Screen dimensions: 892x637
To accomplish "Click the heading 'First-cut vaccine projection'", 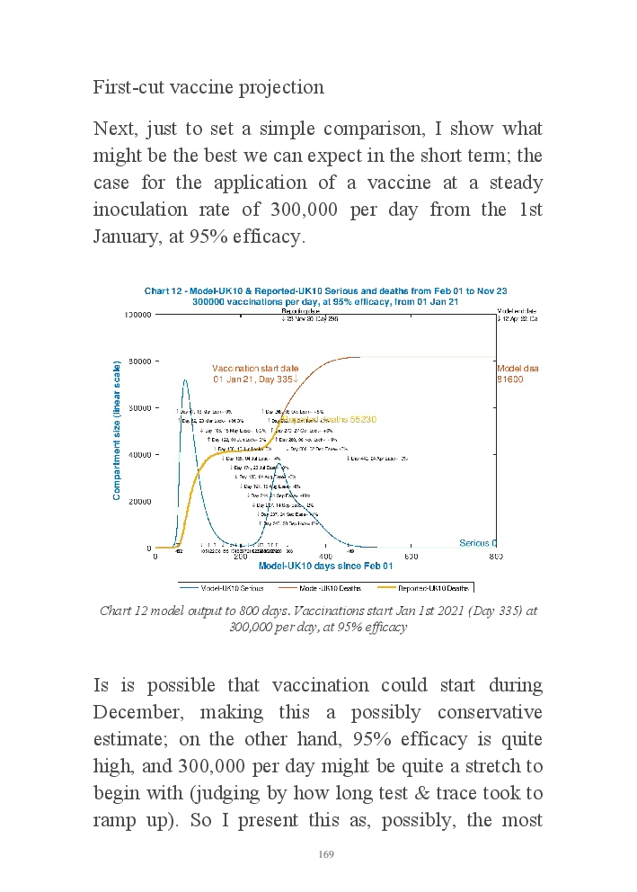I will (208, 87).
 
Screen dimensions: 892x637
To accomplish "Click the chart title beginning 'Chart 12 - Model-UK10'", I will (325, 291).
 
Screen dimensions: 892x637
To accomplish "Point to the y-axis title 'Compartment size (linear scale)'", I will (117, 430).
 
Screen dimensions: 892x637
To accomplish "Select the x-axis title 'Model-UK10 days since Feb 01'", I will (325, 566).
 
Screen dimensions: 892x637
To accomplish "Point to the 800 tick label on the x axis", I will (496, 556).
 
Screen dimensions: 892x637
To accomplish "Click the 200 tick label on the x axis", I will (240, 556).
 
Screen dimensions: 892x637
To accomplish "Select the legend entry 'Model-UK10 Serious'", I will (231, 587).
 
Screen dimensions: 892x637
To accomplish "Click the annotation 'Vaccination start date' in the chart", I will (255, 369).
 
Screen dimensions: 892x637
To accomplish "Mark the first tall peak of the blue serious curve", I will (184, 380).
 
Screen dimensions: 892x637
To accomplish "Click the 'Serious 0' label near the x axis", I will (478, 543).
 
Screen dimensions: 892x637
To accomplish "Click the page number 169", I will (326, 854).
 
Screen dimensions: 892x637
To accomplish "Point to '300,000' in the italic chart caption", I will (253, 627).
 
